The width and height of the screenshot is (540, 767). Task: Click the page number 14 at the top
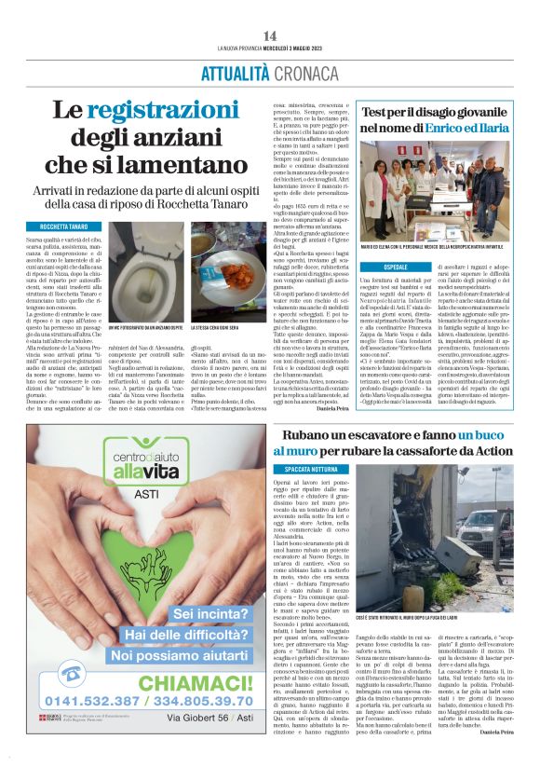269,35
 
